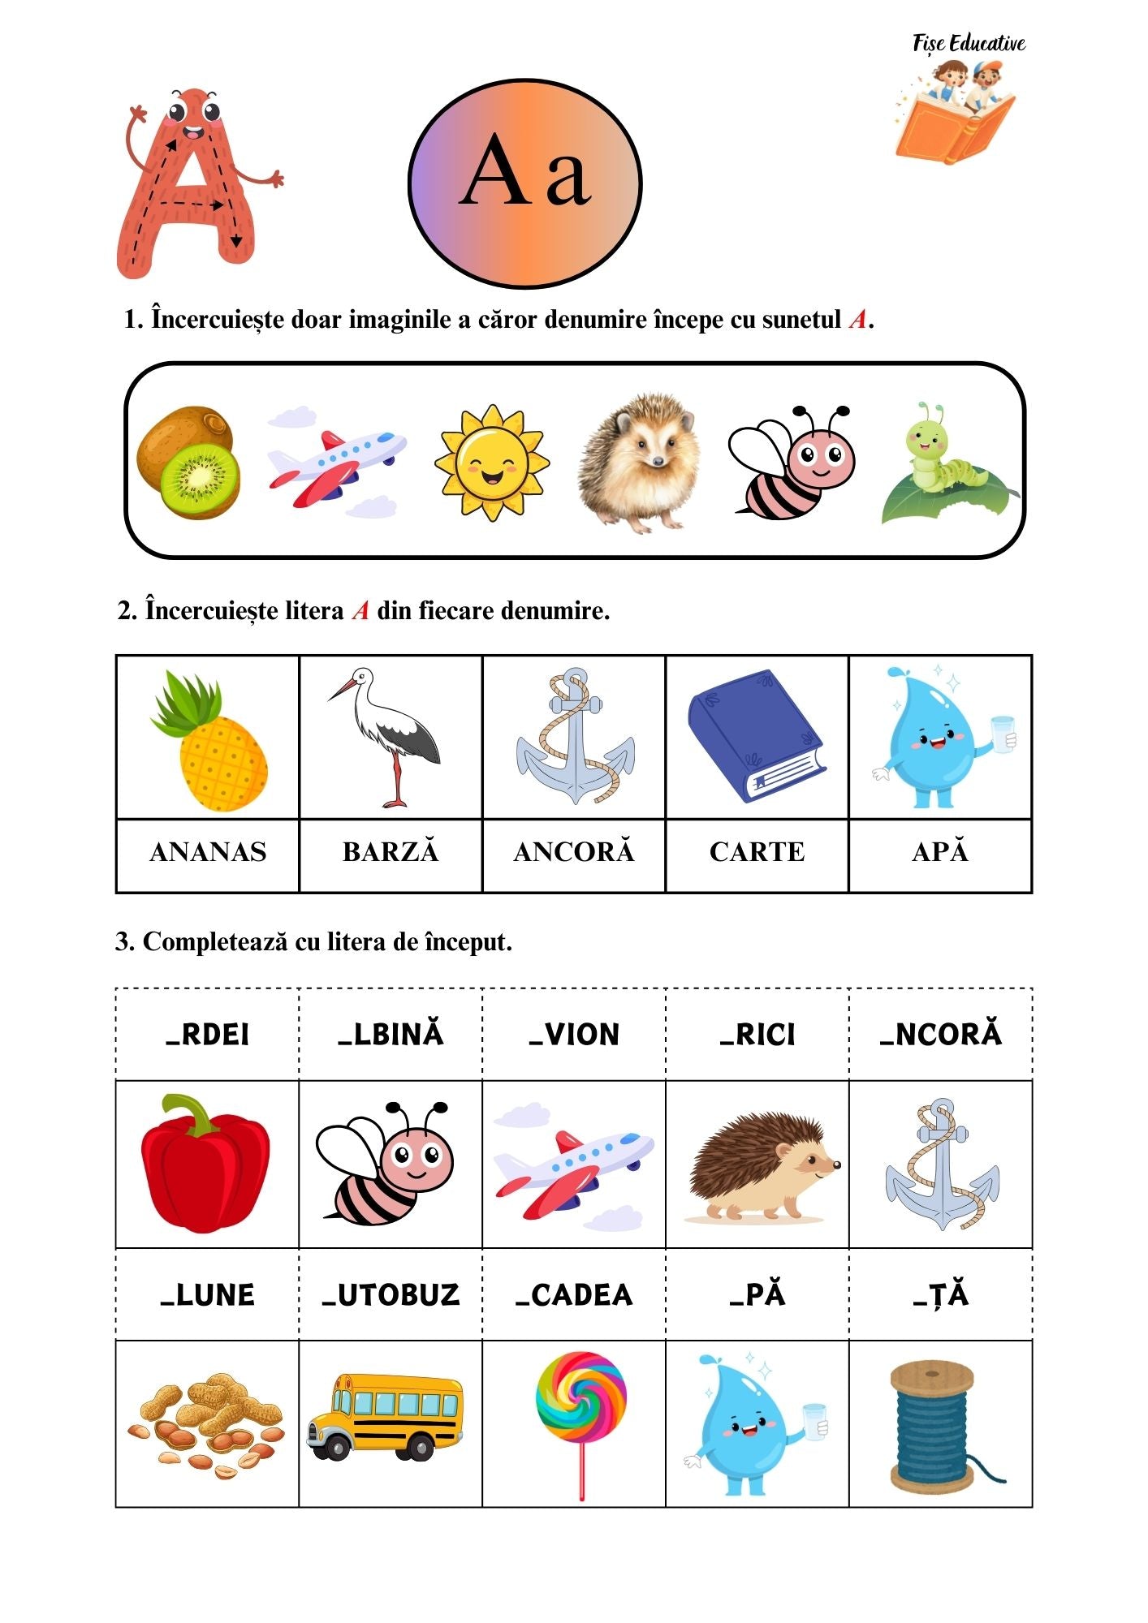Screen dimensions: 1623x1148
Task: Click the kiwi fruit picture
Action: (189, 462)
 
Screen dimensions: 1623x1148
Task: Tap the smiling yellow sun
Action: (492, 463)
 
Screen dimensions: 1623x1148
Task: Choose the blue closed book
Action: (756, 736)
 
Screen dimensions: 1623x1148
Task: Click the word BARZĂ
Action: (391, 852)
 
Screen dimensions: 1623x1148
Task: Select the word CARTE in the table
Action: (757, 852)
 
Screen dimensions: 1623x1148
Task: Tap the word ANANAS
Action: (208, 852)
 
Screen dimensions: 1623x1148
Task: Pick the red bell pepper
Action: (205, 1162)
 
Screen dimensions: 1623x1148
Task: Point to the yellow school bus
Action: (386, 1417)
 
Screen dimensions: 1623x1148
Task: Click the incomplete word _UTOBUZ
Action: (391, 1294)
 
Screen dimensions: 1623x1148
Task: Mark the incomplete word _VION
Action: (574, 1035)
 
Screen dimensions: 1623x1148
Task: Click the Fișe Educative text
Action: (969, 43)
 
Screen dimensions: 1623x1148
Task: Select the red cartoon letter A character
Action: (190, 183)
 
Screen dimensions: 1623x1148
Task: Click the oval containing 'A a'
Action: (525, 183)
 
